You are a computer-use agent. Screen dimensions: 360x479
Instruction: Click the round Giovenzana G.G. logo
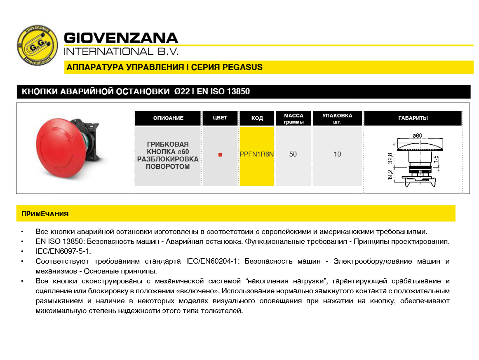[x=37, y=45]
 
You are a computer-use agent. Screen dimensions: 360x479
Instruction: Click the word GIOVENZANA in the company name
[x=121, y=38]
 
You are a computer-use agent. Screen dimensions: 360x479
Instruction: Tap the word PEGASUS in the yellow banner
[x=242, y=67]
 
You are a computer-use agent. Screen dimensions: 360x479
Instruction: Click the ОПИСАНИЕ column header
[x=168, y=118]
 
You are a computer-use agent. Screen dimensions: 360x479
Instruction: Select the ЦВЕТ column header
[x=220, y=118]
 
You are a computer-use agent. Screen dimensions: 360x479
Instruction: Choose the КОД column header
[x=257, y=118]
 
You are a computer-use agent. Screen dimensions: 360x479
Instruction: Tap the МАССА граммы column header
[x=294, y=119]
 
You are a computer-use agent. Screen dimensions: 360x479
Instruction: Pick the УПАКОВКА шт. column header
[x=337, y=119]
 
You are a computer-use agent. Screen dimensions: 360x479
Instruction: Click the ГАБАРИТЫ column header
[x=413, y=118]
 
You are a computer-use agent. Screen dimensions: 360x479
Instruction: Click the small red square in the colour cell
[x=220, y=155]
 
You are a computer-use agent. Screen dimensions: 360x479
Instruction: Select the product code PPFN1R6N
[x=257, y=154]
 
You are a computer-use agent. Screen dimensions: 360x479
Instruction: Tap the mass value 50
[x=293, y=154]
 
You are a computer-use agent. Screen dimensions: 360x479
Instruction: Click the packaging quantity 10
[x=338, y=154]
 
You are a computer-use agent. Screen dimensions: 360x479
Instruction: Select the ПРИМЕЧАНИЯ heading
[x=45, y=214]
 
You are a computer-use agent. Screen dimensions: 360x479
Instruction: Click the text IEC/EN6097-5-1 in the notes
[x=63, y=251]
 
